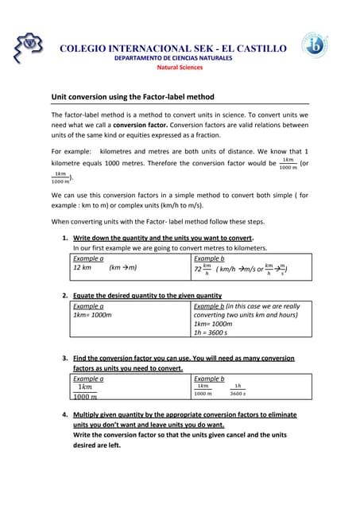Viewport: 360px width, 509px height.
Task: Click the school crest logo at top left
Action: point(29,49)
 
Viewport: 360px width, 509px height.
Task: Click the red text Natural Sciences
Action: point(179,68)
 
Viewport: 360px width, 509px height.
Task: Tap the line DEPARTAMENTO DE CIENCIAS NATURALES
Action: point(173,59)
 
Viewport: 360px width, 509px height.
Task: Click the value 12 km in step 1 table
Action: point(83,268)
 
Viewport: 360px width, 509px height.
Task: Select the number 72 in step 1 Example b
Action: point(198,270)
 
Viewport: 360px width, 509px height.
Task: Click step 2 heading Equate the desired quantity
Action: point(147,296)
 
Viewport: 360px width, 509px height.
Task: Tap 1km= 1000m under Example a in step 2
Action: point(92,315)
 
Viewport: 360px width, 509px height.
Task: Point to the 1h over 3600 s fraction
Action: point(237,390)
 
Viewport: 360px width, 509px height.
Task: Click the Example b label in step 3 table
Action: point(209,379)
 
